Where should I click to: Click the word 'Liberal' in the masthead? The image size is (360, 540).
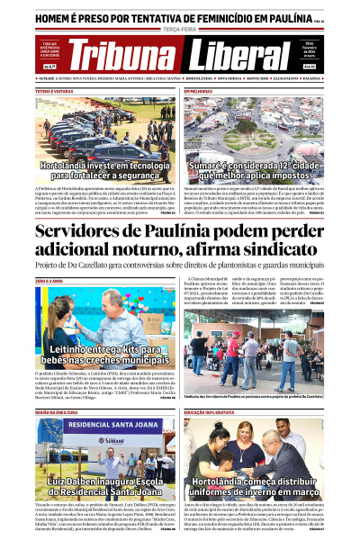[240, 56]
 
